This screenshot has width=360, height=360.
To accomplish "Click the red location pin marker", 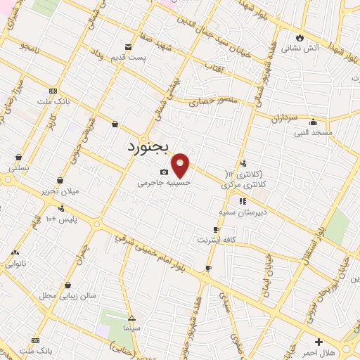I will (181, 165).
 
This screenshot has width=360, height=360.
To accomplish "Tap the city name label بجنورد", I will (150, 148).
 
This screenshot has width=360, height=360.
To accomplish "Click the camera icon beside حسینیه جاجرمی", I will (164, 172).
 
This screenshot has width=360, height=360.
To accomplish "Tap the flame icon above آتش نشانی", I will (300, 37).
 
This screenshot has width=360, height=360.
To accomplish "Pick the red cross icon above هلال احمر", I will (319, 341).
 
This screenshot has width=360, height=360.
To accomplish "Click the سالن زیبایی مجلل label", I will (67, 295).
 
